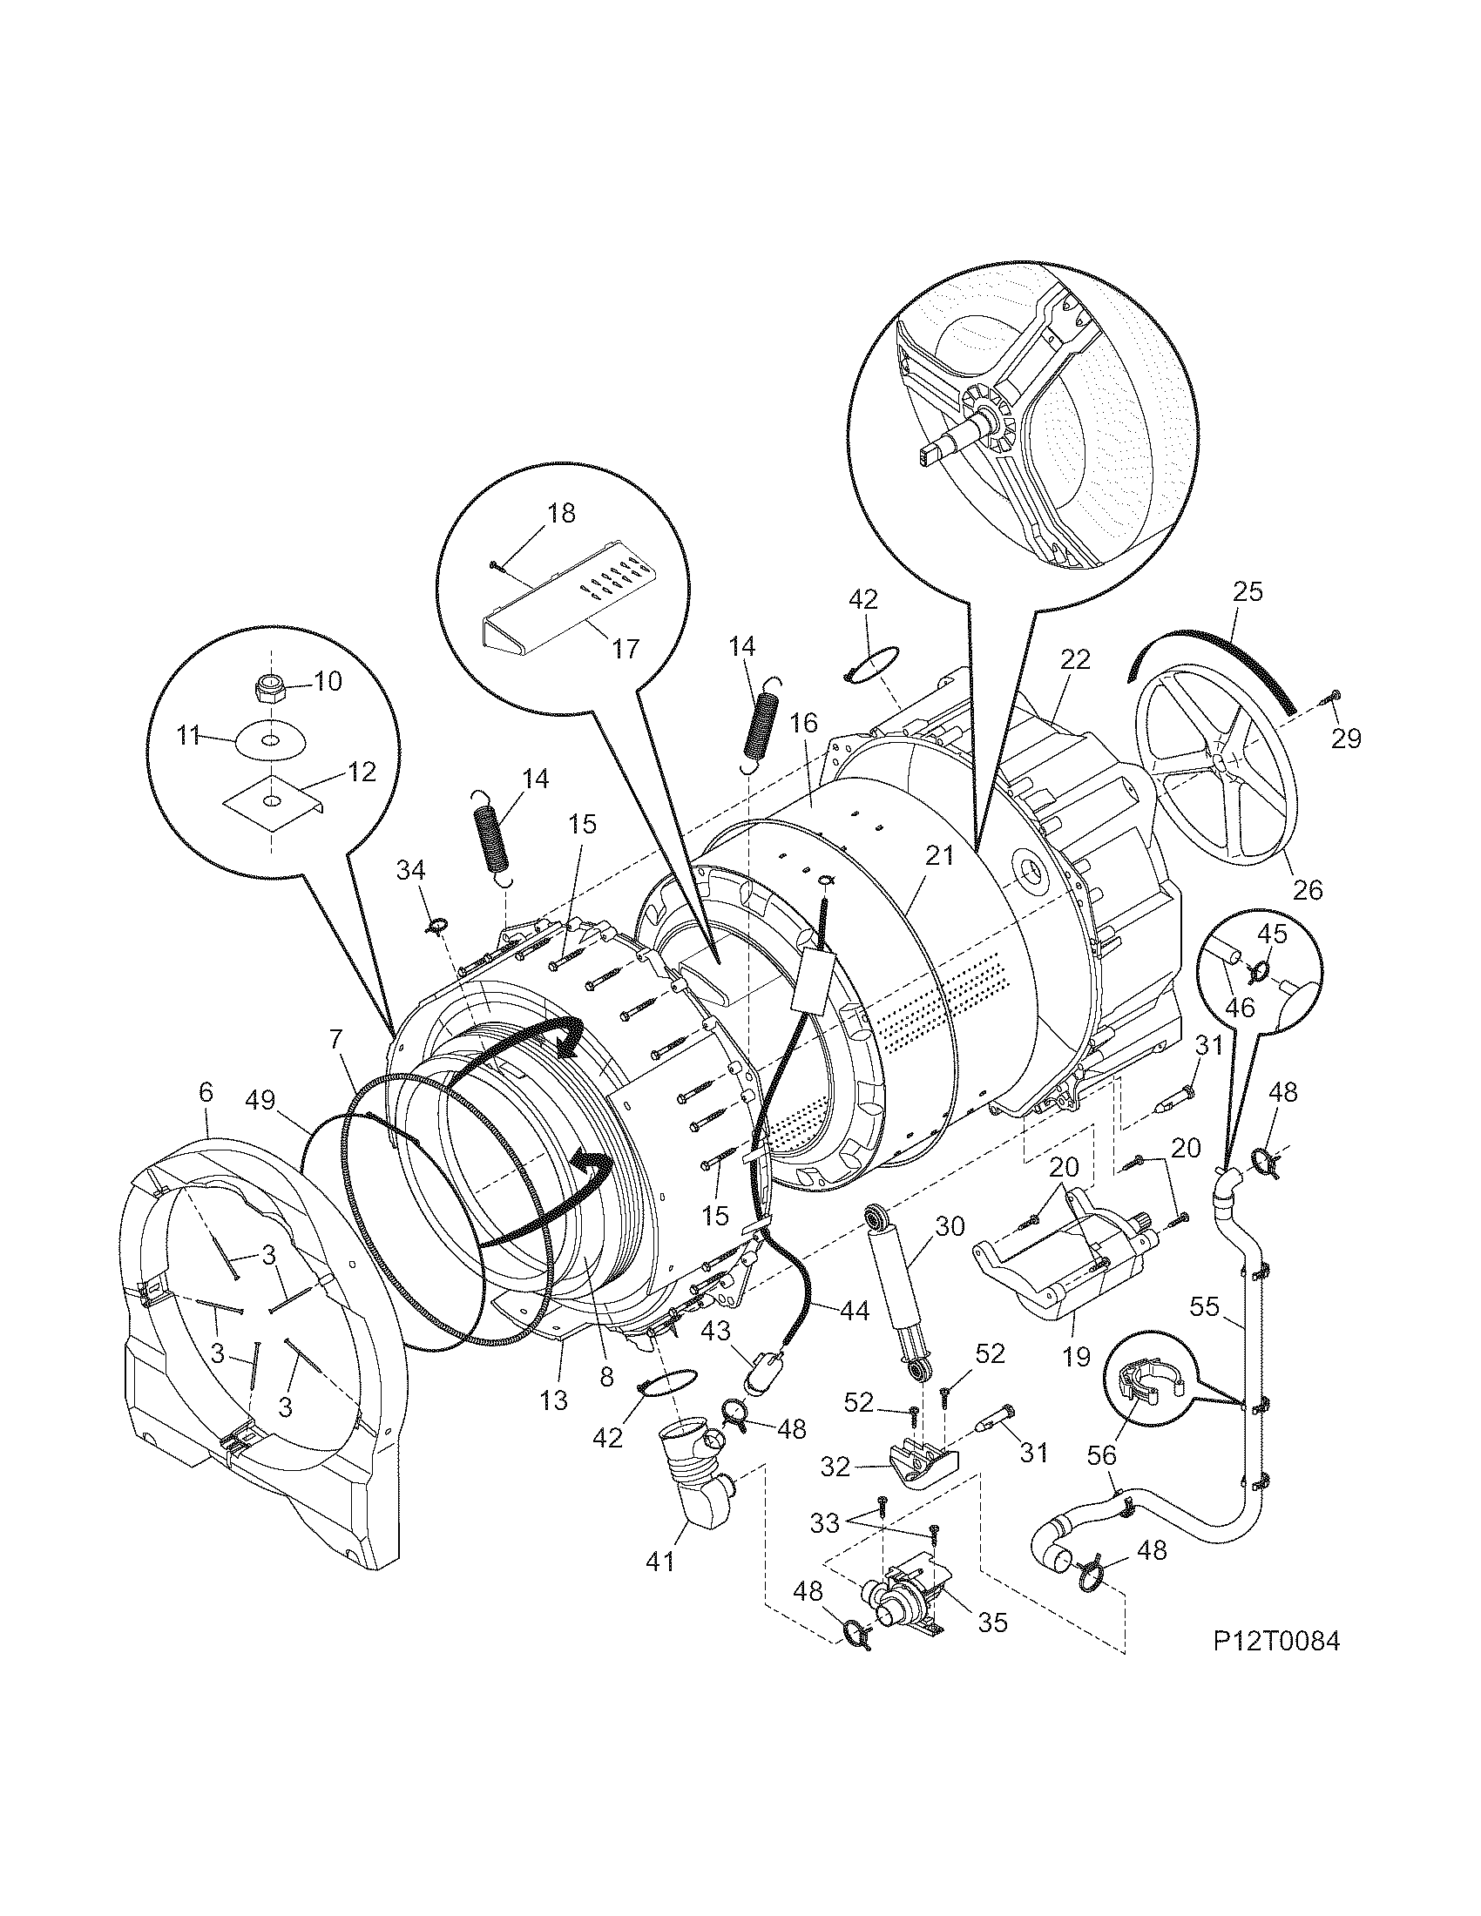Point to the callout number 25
coord(1247,591)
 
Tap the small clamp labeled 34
coord(436,923)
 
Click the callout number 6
coord(206,1092)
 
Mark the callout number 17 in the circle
coord(626,648)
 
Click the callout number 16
coord(804,724)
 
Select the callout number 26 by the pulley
coord(1308,890)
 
